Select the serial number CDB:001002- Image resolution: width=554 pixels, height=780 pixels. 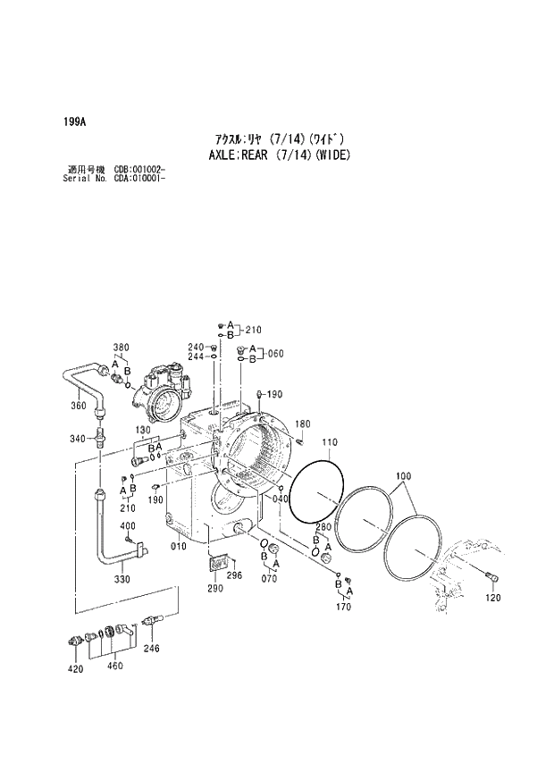140,170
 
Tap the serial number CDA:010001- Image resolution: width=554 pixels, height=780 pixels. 140,178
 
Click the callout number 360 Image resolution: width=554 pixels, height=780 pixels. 79,406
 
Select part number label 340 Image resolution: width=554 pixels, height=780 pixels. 79,439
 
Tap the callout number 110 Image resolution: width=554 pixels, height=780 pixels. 329,442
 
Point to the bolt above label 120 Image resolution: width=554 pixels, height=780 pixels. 492,579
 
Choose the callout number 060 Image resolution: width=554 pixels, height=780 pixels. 274,353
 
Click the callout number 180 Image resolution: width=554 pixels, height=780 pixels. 303,424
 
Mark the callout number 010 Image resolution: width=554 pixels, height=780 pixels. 179,546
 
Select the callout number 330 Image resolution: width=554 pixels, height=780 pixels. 122,579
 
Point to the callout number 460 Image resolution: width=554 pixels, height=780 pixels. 114,666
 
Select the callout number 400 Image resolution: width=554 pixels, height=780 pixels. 128,525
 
